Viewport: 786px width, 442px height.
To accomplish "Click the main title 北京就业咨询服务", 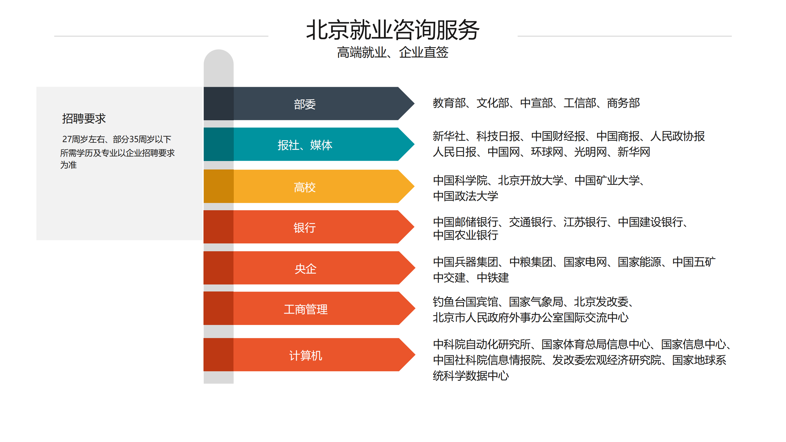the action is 393,30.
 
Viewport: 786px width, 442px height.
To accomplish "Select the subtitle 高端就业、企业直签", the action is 393,52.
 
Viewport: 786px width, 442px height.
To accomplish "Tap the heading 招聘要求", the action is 84,119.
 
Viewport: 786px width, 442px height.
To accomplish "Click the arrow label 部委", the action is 305,104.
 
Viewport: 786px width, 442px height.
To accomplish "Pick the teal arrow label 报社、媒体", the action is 305,145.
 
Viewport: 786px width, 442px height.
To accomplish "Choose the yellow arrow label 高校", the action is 305,187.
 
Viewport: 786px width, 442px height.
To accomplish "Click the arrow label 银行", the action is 305,227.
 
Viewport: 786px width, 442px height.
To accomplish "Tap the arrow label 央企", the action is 305,269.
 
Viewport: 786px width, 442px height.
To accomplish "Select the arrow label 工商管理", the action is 305,309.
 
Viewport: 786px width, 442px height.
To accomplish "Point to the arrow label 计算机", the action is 305,356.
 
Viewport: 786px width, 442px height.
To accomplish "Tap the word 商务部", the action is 623,103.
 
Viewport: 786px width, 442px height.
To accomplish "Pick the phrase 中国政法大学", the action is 465,196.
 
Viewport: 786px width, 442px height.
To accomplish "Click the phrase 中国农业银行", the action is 465,235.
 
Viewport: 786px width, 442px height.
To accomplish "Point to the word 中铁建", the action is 493,277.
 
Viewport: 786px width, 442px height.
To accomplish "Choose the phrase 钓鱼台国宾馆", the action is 465,302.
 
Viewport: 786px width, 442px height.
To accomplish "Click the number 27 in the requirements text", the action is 67,139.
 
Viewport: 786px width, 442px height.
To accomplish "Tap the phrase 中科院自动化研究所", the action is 482,344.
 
